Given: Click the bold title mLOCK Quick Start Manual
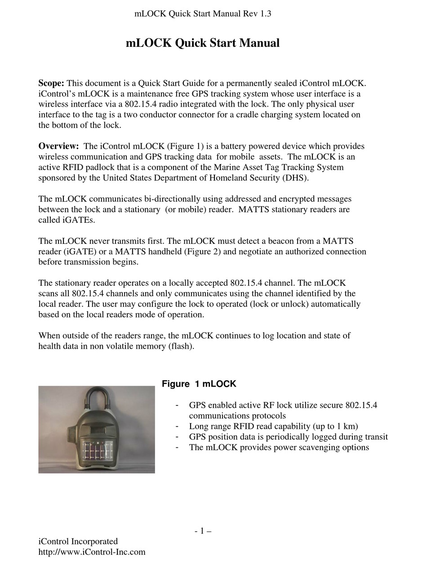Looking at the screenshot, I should point(202,43).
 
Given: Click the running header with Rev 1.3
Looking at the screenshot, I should point(203,13).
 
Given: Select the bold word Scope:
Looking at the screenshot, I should point(51,83).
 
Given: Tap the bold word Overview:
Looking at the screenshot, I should point(58,146).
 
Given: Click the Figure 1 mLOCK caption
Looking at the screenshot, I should point(199,384).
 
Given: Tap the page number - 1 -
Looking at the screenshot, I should point(203,531).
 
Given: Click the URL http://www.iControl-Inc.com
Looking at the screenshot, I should point(92,552).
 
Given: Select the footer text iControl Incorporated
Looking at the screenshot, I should point(78,541).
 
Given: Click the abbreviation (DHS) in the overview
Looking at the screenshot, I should point(296,178).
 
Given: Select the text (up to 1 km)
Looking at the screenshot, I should point(331,426).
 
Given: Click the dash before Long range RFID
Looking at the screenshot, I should point(178,426).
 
